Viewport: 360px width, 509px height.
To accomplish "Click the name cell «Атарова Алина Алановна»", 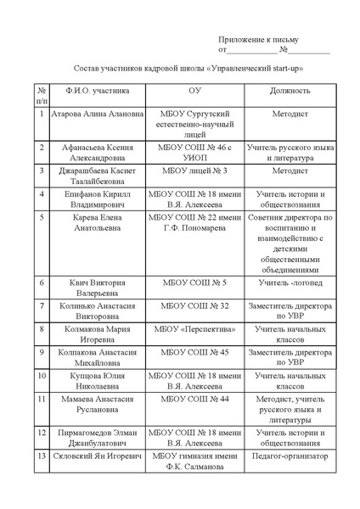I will [98, 113].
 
